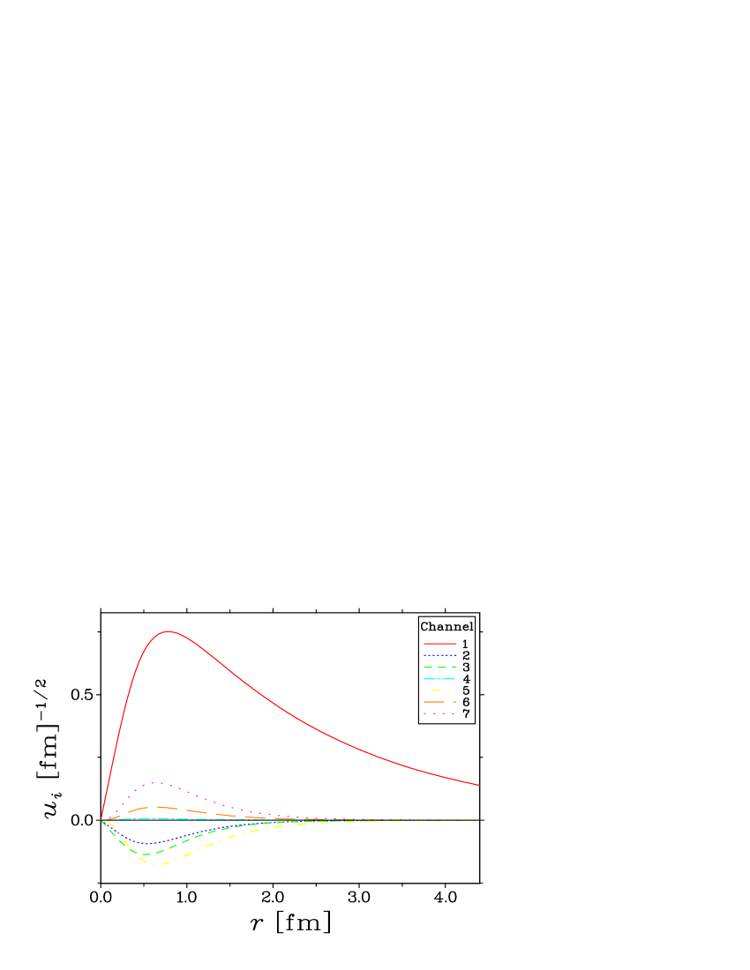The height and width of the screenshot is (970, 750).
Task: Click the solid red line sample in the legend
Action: (x=440, y=644)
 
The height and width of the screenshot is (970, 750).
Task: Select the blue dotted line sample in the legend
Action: (x=440, y=655)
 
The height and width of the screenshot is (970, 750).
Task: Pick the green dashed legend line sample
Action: (x=440, y=667)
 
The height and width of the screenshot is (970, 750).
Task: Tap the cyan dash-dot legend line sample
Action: (x=439, y=679)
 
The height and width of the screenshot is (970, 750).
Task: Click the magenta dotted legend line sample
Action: (x=439, y=713)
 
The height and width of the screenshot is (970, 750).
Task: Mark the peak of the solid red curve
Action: (x=168, y=631)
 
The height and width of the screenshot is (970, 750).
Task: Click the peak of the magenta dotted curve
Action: (x=154, y=782)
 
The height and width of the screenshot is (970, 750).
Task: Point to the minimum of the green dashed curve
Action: (x=147, y=854)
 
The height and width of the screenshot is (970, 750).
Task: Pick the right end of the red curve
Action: (x=479, y=785)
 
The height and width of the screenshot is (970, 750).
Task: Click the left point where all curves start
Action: (x=101, y=820)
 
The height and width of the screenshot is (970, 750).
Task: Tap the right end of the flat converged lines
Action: (x=479, y=820)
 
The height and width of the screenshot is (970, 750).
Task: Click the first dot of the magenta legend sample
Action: (x=424, y=713)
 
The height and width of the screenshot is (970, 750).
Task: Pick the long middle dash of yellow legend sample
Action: (x=436, y=690)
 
